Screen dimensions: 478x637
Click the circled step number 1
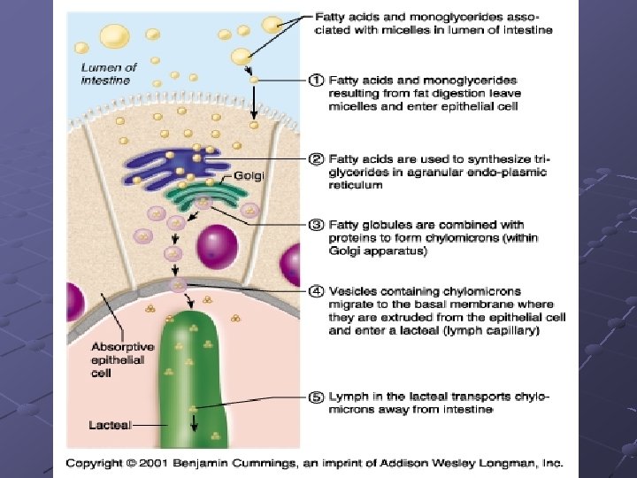pos(315,80)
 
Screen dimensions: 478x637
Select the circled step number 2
pos(315,159)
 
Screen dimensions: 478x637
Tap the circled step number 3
pos(315,225)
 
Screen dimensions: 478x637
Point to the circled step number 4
pos(315,291)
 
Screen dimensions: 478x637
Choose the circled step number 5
pos(315,397)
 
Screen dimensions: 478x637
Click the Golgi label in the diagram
pos(249,176)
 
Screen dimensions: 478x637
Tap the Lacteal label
pos(110,426)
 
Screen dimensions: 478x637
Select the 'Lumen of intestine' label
pos(109,73)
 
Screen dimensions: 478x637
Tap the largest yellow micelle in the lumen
pos(113,35)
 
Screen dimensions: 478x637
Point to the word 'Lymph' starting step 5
pos(348,397)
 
